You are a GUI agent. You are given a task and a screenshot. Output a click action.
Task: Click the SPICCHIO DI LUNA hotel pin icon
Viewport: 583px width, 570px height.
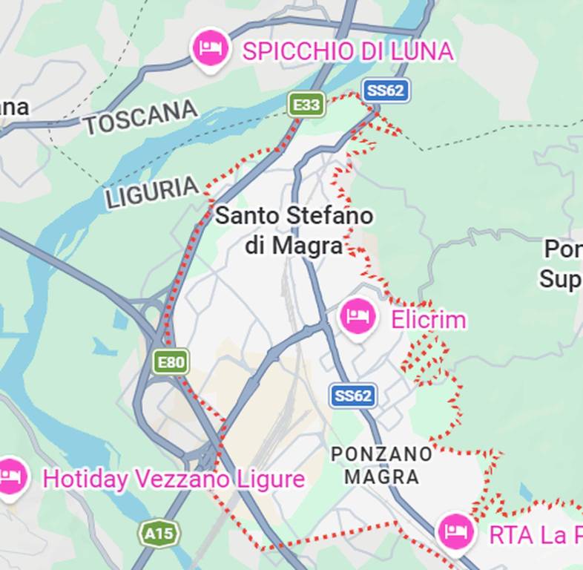point(210,49)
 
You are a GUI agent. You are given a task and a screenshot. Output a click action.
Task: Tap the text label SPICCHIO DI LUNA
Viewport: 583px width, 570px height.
point(347,51)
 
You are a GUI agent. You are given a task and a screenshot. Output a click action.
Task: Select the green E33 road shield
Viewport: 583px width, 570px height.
point(306,105)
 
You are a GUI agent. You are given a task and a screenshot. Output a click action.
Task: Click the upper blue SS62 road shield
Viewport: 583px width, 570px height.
point(386,91)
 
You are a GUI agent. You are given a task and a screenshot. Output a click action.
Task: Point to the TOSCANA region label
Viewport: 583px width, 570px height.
point(140,118)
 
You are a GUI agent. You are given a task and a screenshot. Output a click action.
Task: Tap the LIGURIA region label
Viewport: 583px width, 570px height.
point(152,192)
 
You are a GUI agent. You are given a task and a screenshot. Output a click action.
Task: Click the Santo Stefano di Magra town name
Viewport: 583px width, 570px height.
point(294,230)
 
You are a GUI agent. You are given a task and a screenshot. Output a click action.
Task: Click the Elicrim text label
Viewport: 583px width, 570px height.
point(428,320)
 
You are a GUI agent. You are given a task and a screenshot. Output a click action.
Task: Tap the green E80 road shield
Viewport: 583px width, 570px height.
point(171,362)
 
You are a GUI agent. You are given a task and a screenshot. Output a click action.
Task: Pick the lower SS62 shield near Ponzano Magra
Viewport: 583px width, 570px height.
point(352,396)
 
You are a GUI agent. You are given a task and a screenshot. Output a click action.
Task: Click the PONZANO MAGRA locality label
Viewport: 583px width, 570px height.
point(382,465)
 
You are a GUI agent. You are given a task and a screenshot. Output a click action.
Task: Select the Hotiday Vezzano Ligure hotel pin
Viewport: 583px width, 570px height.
point(10,476)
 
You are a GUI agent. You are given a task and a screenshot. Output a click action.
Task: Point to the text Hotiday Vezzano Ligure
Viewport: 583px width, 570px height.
point(174,479)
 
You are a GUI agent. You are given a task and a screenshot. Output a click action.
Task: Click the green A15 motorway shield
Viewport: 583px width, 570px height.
point(159,533)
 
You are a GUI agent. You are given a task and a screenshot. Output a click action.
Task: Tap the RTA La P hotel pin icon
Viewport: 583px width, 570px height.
point(455,531)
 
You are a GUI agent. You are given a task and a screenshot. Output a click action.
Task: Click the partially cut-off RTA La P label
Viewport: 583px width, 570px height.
point(535,534)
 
